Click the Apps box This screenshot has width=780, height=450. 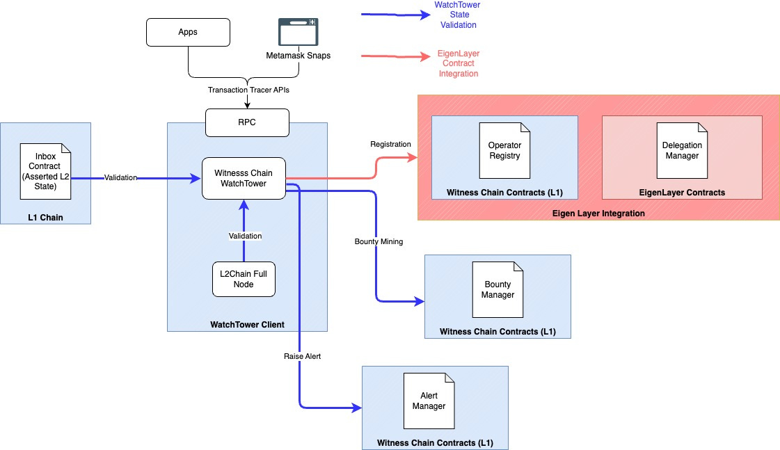188,33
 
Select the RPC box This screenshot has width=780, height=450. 247,122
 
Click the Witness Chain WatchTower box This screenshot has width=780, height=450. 244,178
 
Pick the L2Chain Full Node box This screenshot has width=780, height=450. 244,280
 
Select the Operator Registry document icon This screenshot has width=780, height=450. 504,150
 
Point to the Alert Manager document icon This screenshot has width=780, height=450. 429,401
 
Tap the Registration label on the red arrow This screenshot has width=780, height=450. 390,144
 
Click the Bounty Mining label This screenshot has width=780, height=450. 378,241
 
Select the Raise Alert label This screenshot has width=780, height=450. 302,355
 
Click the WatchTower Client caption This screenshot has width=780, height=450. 247,324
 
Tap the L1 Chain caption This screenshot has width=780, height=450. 45,218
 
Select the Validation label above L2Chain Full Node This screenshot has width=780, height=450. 245,236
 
